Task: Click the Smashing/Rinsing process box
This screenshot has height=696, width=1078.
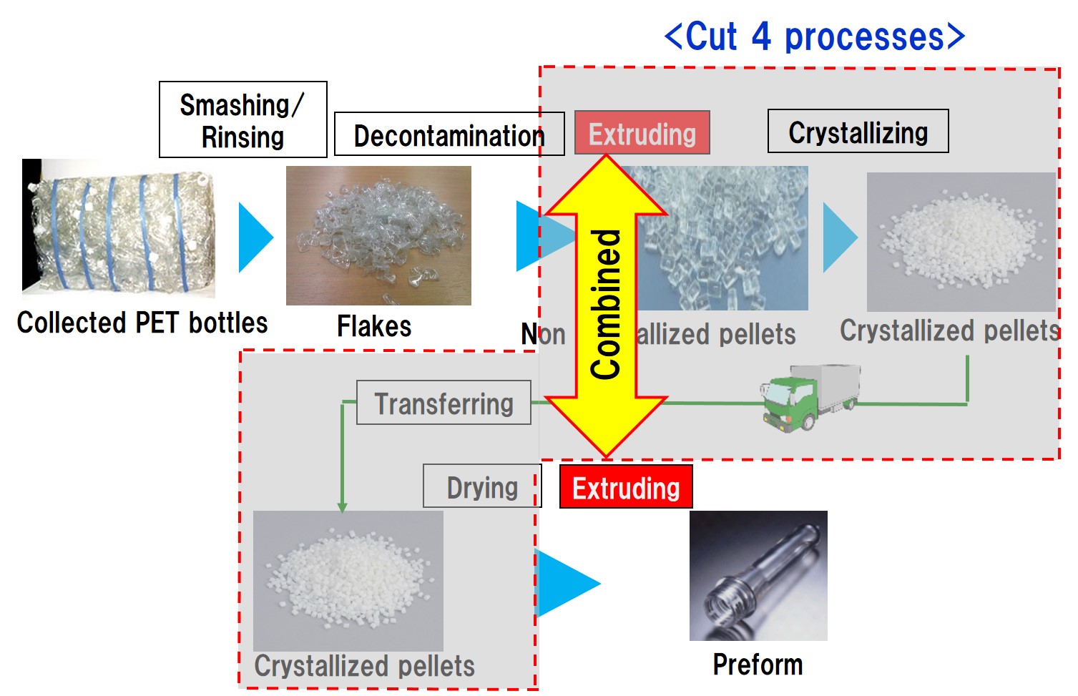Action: coord(242,119)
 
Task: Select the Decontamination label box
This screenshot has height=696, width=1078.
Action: coord(449,134)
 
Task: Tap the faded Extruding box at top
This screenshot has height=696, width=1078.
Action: coord(642,132)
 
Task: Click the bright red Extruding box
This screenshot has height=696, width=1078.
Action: coord(625,487)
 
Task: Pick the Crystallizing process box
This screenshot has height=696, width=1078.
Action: coord(858,131)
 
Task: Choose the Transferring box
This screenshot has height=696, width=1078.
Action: coord(444,403)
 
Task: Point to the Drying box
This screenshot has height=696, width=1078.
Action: coord(481,486)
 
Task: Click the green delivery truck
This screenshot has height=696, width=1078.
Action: coord(808,396)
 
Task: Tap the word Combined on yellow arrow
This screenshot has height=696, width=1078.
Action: coord(606,304)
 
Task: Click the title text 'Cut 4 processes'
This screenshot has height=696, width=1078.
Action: coord(814,36)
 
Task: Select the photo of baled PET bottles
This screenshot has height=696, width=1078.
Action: coord(118,227)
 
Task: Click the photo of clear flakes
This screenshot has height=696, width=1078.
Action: coord(378,235)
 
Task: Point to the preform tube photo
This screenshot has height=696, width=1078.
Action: coord(758,576)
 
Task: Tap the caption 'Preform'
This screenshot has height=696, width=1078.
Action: coord(758,665)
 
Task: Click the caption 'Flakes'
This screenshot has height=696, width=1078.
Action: coord(374,327)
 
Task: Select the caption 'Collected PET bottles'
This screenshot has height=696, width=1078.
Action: coord(142,323)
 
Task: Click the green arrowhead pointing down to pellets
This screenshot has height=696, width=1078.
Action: coord(342,506)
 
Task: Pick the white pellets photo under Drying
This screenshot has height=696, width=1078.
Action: coord(348,580)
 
